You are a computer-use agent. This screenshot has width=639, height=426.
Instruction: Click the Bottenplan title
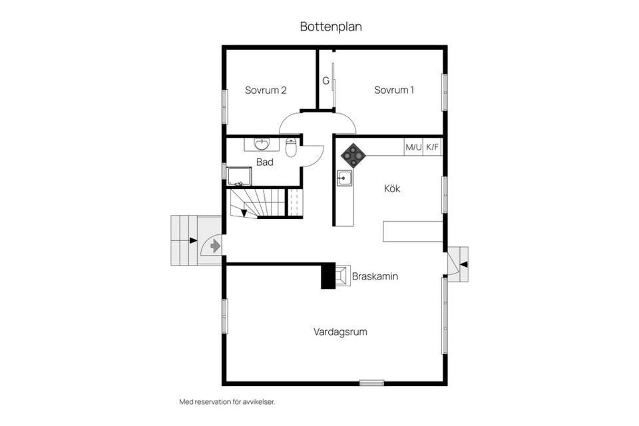point(330,27)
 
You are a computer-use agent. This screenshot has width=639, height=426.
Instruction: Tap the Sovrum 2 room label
point(265,91)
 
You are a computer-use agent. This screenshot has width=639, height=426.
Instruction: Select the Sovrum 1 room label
point(394,91)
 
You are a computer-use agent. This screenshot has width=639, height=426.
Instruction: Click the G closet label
point(325,81)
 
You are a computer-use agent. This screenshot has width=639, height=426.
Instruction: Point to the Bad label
point(264,162)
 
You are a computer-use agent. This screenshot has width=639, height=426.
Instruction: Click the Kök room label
point(392,188)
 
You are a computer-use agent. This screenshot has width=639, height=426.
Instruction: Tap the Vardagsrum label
point(341,331)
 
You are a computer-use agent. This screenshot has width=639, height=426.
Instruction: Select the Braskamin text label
point(375,276)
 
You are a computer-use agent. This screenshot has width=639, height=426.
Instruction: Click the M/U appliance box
point(413,147)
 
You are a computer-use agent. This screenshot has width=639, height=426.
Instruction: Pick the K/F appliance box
point(433,147)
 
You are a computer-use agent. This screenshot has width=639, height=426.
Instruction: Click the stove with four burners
point(353,156)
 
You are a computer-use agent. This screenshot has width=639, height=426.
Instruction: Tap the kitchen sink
point(344,178)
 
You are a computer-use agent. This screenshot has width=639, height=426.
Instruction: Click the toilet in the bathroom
point(291,147)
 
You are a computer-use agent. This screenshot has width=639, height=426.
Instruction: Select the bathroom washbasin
point(262,144)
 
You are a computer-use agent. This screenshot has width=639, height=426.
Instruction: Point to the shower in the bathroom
point(239,176)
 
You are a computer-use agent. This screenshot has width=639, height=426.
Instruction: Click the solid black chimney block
point(328,276)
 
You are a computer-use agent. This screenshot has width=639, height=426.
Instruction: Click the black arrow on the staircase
point(244,213)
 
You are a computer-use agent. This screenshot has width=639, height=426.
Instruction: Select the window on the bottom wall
point(371,383)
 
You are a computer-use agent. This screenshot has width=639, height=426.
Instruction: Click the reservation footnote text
point(227,402)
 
